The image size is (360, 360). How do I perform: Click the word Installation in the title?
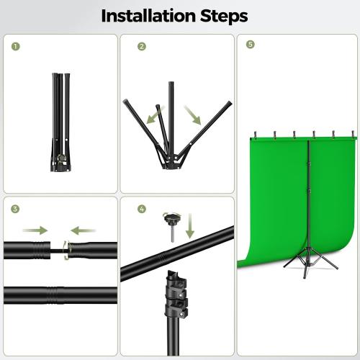(147, 16)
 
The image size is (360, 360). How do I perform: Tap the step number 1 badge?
(16, 45)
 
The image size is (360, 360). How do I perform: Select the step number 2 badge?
(142, 45)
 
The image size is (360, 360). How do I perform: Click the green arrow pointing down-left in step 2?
(151, 115)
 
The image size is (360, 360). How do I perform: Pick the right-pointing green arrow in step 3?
(34, 230)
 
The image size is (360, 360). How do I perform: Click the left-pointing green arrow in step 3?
(84, 230)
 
